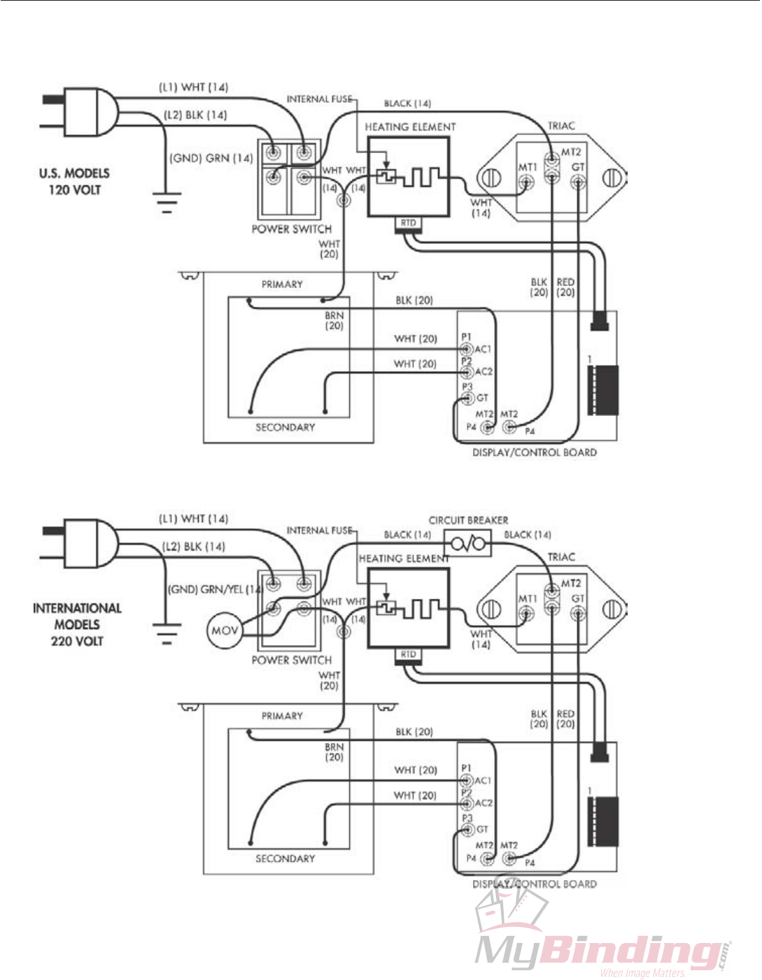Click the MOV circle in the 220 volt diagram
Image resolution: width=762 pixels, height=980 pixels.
[x=225, y=630]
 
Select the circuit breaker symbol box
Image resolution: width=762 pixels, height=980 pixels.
[x=467, y=543]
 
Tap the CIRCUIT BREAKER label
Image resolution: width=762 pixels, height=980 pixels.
[x=468, y=520]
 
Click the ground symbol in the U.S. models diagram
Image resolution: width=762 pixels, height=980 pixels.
[x=167, y=202]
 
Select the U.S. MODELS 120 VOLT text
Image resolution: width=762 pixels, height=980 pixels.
[x=74, y=181]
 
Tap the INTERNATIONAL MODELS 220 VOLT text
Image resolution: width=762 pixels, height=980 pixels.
[x=77, y=624]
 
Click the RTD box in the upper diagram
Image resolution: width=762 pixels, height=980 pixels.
[x=408, y=224]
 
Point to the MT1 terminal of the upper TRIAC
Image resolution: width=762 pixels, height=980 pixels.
[x=526, y=182]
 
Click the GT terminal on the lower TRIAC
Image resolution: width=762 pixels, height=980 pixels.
[x=578, y=614]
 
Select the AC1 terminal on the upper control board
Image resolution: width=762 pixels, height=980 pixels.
[x=467, y=349]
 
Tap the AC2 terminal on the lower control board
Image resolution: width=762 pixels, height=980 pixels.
[x=467, y=803]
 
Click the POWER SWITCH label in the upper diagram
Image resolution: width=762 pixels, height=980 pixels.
[x=291, y=229]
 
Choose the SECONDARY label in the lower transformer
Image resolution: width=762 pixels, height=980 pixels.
[x=285, y=858]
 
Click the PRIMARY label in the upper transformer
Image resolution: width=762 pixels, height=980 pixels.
[x=282, y=284]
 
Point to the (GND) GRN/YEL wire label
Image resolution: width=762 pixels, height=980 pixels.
[x=214, y=589]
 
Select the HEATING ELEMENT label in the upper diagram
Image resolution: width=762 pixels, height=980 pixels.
[x=410, y=127]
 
